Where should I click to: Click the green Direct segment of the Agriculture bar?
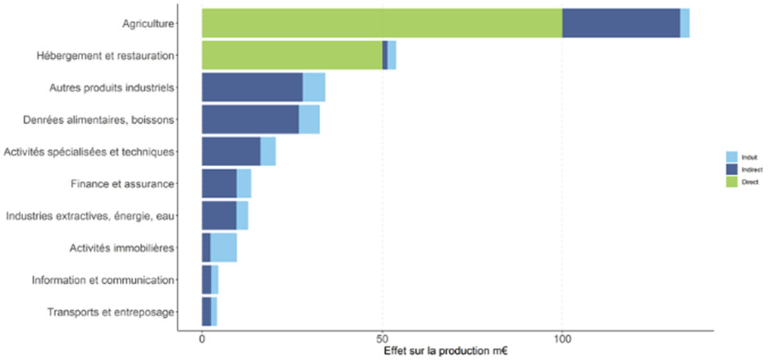pos(382,23)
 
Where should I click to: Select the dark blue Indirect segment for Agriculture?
pos(621,23)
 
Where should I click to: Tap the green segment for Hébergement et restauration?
pos(292,55)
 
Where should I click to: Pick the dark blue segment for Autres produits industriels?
pos(252,87)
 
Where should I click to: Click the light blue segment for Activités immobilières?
pos(223,248)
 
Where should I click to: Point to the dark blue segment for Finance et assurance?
pos(219,184)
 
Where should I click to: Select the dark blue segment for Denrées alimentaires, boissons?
pos(250,119)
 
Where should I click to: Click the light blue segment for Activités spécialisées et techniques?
pos(268,151)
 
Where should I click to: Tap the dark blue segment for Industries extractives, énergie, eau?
pos(219,216)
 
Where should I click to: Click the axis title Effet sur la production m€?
pos(446,352)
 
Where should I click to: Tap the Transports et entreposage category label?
pos(111,313)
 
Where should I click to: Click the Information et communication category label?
pos(103,280)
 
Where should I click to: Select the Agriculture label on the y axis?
pos(148,24)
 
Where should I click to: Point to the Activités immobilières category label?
pos(122,248)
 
